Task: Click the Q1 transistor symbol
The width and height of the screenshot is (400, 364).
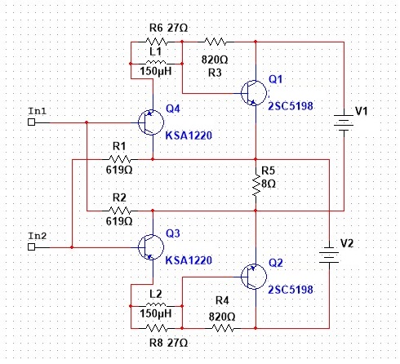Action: (254, 93)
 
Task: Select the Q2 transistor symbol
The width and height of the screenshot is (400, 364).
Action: (254, 277)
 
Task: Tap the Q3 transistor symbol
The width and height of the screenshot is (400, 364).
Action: (151, 247)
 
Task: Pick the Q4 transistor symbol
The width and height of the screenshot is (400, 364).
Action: (151, 122)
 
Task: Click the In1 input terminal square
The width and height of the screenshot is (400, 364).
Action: (32, 122)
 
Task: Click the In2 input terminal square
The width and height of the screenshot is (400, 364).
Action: (32, 246)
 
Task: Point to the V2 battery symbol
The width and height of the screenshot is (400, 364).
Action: (329, 255)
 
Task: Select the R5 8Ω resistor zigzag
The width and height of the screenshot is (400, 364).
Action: (256, 185)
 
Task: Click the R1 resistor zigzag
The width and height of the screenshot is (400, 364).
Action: (120, 159)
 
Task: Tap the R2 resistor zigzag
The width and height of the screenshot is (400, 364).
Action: (120, 211)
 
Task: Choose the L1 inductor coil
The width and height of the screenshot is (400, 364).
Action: (156, 63)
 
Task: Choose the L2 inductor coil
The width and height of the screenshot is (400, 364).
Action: (156, 305)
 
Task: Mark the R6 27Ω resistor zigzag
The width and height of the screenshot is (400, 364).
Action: (157, 42)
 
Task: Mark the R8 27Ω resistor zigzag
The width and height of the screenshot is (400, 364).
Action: (157, 328)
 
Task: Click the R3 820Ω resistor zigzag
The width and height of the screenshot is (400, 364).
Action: (215, 42)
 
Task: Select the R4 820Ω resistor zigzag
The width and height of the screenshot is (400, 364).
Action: (223, 328)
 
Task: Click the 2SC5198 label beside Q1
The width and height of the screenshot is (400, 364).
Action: (291, 106)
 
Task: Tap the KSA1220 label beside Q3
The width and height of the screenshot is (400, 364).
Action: (189, 260)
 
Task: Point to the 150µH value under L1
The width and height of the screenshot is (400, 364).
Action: (156, 71)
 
